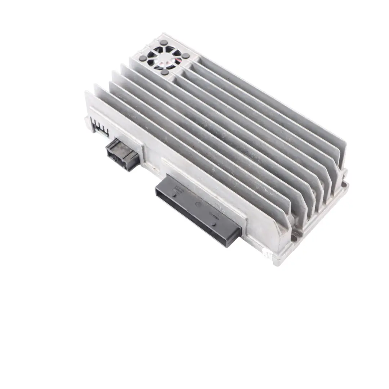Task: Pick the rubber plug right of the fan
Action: pyautogui.click(x=186, y=56)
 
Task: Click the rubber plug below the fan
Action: pyautogui.click(x=165, y=72)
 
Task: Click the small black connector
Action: pyautogui.click(x=122, y=154)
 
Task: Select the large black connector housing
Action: pyautogui.click(x=198, y=209)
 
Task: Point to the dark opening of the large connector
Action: pyautogui.click(x=191, y=216)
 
